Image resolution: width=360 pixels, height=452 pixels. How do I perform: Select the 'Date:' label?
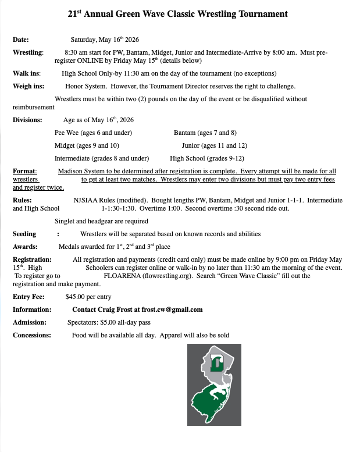tap(21, 40)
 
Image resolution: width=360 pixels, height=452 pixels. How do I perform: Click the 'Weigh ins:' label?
tap(28, 86)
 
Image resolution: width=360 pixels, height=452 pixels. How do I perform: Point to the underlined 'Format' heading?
tap(24, 171)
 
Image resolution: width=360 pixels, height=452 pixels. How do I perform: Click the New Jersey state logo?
tap(214, 385)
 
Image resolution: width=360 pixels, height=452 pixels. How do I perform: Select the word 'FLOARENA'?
tap(122, 276)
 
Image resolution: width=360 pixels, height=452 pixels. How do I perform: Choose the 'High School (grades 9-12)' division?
tap(207, 158)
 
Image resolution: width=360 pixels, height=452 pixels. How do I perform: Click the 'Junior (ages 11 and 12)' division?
tap(215, 145)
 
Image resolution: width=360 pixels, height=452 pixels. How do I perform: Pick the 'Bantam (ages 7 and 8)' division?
tap(205, 133)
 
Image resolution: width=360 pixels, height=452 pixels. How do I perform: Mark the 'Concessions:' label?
tap(32, 335)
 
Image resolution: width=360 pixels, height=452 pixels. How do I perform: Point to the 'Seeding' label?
tap(24, 234)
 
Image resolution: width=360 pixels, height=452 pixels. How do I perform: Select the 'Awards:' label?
tap(25, 246)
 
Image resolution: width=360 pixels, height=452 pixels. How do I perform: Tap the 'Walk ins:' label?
tap(27, 73)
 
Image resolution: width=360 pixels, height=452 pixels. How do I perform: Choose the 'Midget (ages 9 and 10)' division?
tap(87, 145)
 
